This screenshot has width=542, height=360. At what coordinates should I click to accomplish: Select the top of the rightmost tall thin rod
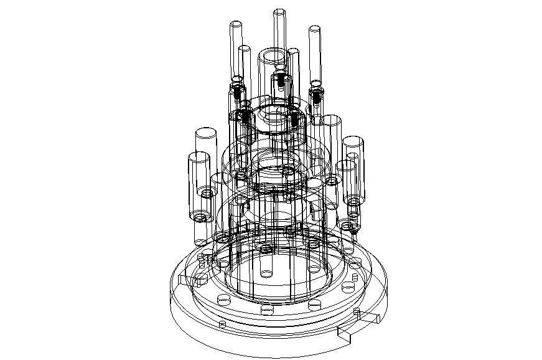[x=314, y=29]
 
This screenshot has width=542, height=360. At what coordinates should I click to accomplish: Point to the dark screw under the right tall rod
[x=317, y=95]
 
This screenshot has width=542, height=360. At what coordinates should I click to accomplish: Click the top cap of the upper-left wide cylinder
[x=205, y=134]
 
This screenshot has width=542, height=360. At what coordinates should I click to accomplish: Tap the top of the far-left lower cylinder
[x=197, y=156]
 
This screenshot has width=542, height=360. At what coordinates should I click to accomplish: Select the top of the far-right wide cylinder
[x=353, y=141]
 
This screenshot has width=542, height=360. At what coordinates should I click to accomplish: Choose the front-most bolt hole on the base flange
[x=268, y=310]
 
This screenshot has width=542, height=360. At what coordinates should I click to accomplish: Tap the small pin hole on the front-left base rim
[x=223, y=324]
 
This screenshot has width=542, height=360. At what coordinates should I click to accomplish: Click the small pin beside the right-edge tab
[x=356, y=311]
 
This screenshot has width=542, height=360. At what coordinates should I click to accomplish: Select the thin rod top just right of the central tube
[x=293, y=51]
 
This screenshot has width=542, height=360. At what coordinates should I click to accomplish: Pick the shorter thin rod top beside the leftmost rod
[x=245, y=49]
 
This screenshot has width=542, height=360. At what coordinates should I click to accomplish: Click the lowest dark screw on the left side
[x=245, y=116]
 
